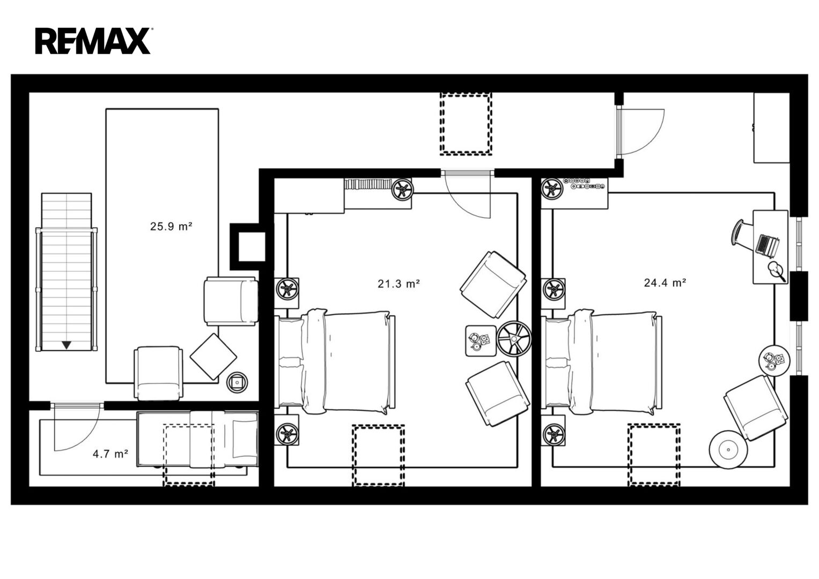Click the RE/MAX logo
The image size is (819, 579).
(93, 41)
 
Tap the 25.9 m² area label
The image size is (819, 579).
(171, 226)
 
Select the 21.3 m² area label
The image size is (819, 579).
(399, 283)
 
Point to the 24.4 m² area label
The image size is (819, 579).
(665, 283)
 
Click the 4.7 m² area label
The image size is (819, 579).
(110, 454)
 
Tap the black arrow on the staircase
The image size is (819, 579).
(66, 345)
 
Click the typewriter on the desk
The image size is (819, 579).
(768, 244)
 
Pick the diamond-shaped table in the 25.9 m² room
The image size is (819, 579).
(213, 357)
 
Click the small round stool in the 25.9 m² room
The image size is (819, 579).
(237, 382)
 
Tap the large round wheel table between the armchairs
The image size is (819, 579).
(514, 338)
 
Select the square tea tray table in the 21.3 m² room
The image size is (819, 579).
(481, 340)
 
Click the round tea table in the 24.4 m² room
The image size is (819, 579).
(774, 360)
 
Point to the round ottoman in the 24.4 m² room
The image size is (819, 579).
(728, 450)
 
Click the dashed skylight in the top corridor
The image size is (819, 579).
(466, 123)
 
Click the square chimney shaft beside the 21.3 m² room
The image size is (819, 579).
(252, 247)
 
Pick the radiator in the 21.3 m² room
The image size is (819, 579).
(368, 184)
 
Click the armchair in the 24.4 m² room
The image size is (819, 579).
(756, 409)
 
